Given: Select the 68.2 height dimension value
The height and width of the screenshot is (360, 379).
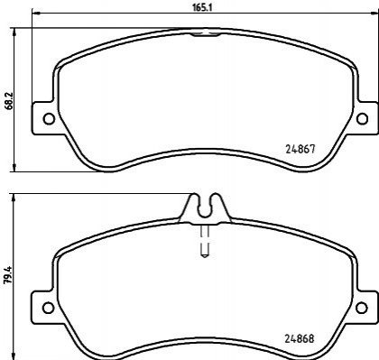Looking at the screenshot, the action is click(x=10, y=100).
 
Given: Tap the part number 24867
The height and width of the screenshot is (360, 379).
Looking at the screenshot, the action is click(x=300, y=149).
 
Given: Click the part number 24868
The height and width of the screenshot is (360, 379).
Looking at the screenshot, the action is click(x=300, y=339).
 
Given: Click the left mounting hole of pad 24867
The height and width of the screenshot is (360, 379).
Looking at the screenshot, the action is click(x=49, y=119).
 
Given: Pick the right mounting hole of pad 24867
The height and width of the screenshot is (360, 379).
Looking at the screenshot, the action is click(x=362, y=118).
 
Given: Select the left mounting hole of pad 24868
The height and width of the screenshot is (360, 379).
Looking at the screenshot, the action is click(x=48, y=308).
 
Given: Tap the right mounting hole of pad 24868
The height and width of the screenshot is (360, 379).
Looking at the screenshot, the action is click(x=361, y=308).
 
